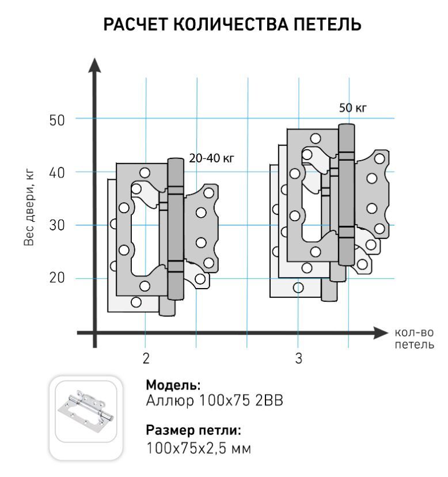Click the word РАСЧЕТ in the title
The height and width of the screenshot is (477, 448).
136,25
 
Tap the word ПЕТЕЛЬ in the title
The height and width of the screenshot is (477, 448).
328,25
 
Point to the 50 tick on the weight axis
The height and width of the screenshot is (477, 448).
57,120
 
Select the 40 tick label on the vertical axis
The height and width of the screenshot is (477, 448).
57,173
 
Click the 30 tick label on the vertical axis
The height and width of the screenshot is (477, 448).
57,225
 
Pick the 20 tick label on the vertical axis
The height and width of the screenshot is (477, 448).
57,278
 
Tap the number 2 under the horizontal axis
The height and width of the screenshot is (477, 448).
146,358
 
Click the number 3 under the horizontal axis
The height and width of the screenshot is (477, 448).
299,358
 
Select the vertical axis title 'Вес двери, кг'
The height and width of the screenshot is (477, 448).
29,208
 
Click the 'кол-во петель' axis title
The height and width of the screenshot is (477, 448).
414,338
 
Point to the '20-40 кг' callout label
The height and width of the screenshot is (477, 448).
212,158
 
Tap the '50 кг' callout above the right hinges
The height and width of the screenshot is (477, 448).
353,108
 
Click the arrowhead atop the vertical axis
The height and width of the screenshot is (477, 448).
94,66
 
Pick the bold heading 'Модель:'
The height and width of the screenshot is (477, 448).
173,385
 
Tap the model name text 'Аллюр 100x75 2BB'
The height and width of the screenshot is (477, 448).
214,400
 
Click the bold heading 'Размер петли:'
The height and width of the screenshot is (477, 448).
193,430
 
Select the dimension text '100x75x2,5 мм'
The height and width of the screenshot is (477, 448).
199,448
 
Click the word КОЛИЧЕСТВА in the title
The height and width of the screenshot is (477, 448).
231,25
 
